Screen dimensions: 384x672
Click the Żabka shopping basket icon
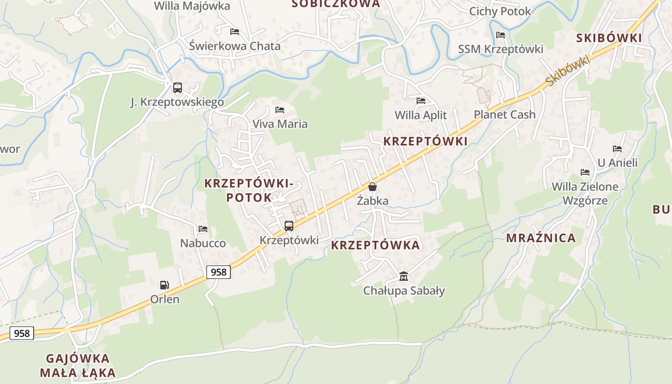point(372,187)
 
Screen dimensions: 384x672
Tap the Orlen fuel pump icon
point(165,285)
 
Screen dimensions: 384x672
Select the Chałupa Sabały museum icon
point(404,276)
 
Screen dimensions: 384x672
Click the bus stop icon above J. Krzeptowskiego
point(178,88)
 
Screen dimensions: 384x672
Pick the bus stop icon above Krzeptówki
point(289,226)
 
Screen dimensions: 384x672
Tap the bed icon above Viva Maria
point(280,110)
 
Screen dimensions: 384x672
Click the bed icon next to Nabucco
point(203,229)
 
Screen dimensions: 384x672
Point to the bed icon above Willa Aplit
point(421,101)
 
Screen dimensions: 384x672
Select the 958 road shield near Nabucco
point(218,272)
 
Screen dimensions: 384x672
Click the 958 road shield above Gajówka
point(22,333)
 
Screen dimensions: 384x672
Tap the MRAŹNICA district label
point(541,238)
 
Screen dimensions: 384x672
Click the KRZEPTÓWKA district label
point(375,245)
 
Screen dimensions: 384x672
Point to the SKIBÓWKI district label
point(609,38)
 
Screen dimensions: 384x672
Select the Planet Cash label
point(504,115)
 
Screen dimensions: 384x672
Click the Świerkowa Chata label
point(235,47)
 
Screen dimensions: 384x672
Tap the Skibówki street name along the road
point(568,71)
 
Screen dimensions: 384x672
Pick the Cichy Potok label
point(500,11)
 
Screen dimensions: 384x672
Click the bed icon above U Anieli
point(617,149)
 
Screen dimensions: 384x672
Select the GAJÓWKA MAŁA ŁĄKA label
point(78,365)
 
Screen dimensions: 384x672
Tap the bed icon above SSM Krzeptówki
point(501,35)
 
